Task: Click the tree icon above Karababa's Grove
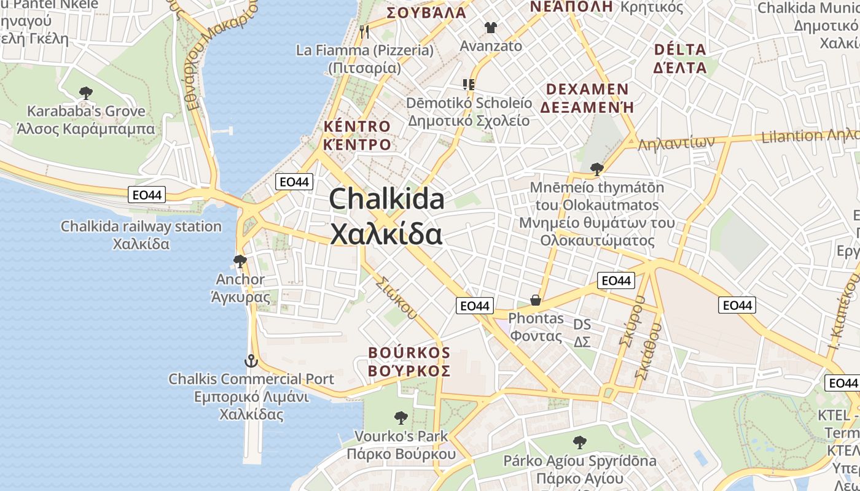[86, 93]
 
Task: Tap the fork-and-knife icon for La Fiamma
[365, 31]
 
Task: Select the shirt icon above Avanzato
[490, 27]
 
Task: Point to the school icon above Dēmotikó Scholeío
[469, 84]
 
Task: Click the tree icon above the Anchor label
[240, 261]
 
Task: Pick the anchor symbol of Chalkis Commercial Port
[251, 360]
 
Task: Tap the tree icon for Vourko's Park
[401, 418]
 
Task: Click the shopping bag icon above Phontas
[536, 300]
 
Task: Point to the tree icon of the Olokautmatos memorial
[596, 168]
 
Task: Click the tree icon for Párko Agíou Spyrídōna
[579, 442]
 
